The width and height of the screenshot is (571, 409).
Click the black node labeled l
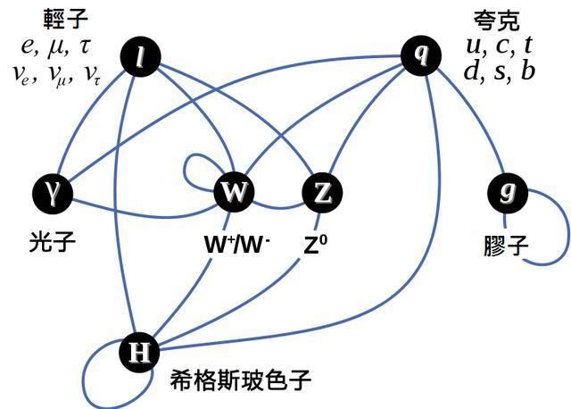[140, 56]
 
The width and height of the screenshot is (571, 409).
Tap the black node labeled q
[421, 55]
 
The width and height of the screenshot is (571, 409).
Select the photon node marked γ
[53, 193]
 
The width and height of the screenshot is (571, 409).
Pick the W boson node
[234, 192]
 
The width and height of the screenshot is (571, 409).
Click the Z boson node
[322, 193]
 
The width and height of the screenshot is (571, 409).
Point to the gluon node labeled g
[508, 193]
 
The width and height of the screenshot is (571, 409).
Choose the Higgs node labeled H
[139, 352]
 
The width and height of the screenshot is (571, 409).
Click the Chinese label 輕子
[65, 19]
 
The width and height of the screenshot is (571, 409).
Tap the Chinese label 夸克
[497, 21]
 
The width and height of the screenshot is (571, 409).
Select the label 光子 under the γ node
[52, 242]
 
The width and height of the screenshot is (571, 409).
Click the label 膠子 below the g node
[506, 246]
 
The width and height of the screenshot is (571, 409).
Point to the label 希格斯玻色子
[240, 380]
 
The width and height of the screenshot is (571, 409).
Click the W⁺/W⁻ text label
[237, 244]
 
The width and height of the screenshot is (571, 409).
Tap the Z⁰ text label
[315, 244]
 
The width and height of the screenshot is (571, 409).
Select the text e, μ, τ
[55, 46]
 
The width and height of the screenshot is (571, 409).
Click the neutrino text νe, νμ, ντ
[56, 74]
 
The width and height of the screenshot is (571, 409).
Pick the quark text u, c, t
[500, 46]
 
